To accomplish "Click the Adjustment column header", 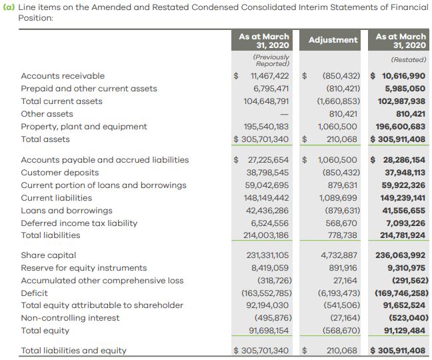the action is (x=333, y=40).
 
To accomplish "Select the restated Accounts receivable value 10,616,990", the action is (x=403, y=76).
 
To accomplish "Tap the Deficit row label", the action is (x=34, y=293).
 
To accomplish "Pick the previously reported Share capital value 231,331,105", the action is (x=267, y=255).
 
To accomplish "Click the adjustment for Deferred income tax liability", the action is (x=341, y=223).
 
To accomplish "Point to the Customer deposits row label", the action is (x=60, y=173).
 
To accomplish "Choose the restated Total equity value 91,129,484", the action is (x=405, y=331).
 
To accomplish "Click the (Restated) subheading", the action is (x=408, y=60).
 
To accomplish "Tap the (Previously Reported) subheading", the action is (x=271, y=60).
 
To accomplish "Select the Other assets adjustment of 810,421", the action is (x=343, y=114).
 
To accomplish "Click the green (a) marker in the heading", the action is (x=9, y=7).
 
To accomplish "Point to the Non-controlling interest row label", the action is (x=70, y=318).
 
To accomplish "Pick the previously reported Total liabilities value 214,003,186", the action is (x=266, y=235).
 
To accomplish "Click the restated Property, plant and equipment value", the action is (x=400, y=127).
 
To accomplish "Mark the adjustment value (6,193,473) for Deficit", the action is (x=339, y=293).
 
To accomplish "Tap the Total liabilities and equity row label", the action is (x=73, y=351).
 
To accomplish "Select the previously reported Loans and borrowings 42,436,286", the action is (x=267, y=211).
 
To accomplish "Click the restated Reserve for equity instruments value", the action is (x=406, y=268).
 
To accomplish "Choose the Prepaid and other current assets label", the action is (x=89, y=89).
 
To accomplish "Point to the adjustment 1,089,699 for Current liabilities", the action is (x=338, y=198).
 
